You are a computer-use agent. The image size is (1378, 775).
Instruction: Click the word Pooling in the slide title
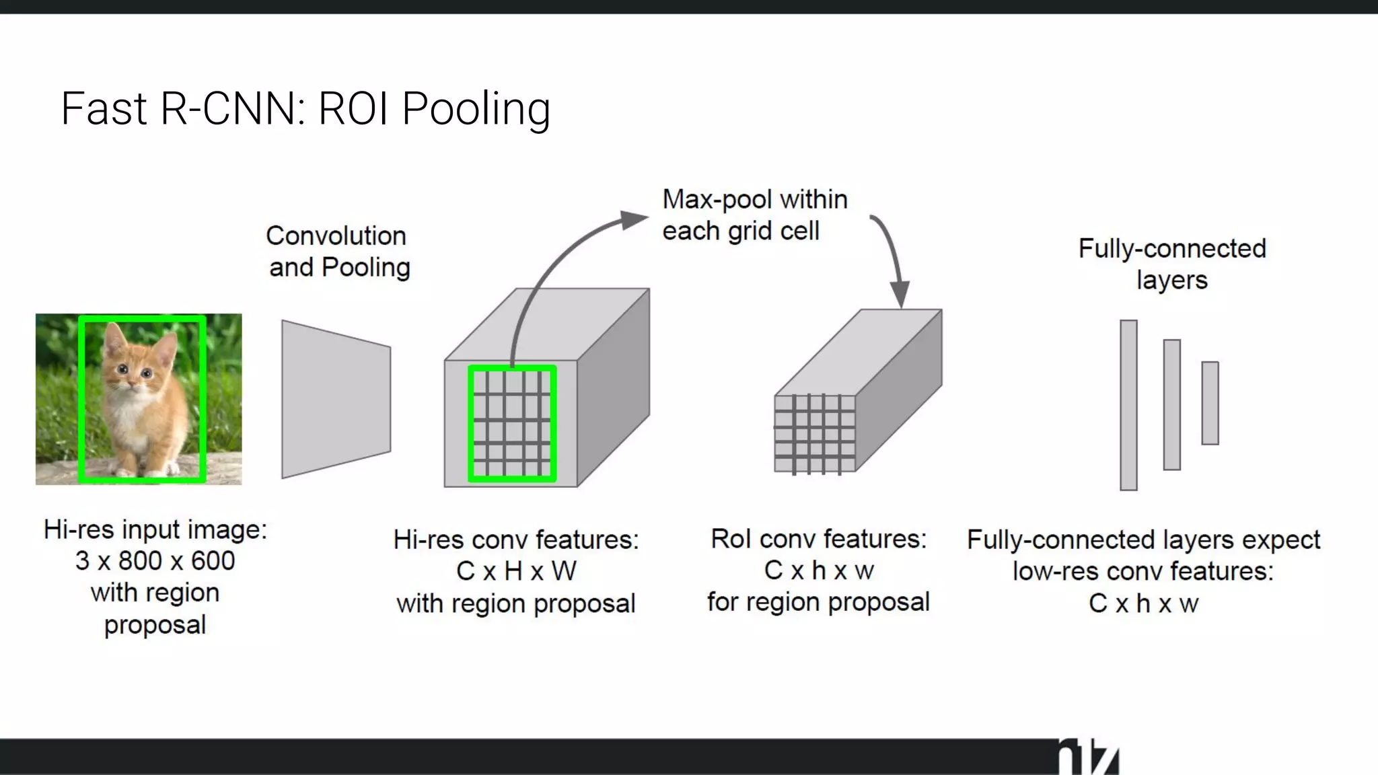476,109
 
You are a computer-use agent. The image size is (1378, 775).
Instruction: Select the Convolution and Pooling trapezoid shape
336,400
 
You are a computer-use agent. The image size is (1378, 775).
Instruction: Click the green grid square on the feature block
512,424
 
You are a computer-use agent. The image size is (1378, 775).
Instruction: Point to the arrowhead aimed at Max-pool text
634,219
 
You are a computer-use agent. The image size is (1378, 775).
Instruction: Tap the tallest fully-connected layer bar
1128,405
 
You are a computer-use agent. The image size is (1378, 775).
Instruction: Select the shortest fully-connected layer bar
1210,403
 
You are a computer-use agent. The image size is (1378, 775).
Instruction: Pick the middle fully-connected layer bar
1171,404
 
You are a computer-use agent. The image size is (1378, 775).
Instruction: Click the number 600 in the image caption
213,561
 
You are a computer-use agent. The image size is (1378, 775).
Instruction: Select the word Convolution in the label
336,236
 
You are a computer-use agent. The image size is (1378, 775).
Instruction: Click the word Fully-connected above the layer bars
1172,249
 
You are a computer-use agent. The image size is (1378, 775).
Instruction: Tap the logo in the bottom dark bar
1088,759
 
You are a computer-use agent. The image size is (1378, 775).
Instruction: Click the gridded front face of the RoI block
815,434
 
